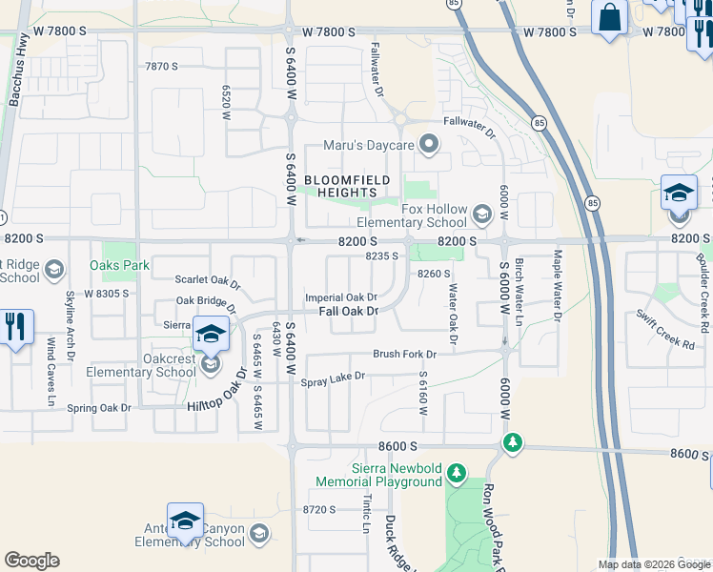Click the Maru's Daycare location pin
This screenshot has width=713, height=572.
coord(429,145)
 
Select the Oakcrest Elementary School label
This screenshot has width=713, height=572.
coord(140,365)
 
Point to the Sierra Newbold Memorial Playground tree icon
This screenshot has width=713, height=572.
coord(457,472)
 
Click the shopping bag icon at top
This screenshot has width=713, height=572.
coord(607,16)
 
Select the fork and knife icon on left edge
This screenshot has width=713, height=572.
coord(15,327)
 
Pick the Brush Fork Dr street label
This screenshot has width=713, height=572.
coord(404,354)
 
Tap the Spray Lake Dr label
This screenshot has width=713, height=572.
coord(333,378)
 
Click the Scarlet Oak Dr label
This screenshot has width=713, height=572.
coord(208,283)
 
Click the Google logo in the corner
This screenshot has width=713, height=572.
coord(31,561)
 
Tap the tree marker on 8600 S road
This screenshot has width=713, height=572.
coord(513,443)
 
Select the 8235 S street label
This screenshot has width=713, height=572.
coord(381,255)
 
